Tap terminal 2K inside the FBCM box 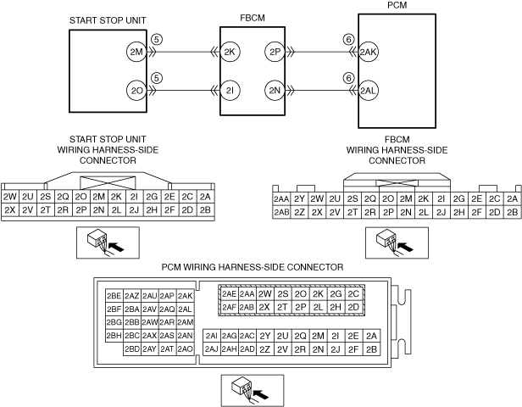(x=230, y=51)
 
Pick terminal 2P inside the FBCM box (x=273, y=51)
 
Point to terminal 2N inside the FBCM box (x=273, y=90)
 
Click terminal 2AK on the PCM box (x=369, y=51)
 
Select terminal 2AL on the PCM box (x=369, y=90)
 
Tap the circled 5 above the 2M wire (x=155, y=39)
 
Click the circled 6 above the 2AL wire (x=347, y=78)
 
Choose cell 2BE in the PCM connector (x=114, y=296)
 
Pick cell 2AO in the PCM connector (x=186, y=348)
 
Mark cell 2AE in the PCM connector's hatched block (x=228, y=293)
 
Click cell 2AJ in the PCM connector (x=212, y=348)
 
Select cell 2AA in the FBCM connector (x=281, y=198)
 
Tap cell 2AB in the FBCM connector (x=281, y=212)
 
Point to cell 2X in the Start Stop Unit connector (x=10, y=209)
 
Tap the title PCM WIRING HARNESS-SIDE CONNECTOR (x=252, y=266)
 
